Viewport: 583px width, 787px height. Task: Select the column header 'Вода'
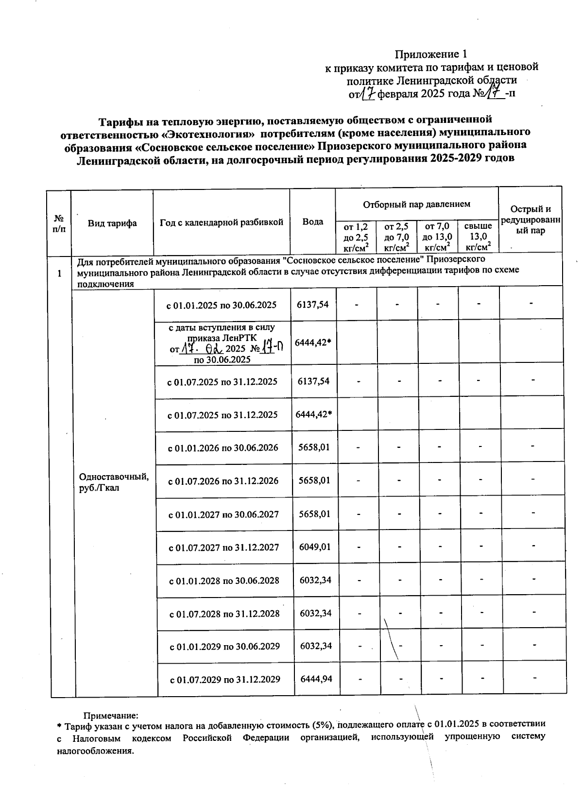click(x=312, y=222)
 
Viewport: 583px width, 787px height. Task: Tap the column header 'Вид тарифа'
click(x=112, y=223)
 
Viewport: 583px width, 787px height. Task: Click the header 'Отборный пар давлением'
click(x=416, y=204)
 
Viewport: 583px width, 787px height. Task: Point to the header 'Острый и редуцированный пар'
click(x=531, y=220)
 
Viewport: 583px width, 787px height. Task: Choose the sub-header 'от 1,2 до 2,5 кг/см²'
click(x=356, y=237)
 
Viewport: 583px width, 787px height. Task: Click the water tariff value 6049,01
click(x=315, y=547)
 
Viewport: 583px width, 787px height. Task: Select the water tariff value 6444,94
click(x=316, y=678)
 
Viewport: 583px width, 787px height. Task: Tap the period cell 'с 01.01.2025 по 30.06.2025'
click(x=222, y=305)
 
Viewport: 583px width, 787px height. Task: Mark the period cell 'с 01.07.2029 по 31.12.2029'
click(x=225, y=679)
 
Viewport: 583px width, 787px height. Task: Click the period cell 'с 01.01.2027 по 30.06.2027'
click(x=223, y=514)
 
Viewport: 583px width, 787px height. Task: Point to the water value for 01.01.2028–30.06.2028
click(x=315, y=580)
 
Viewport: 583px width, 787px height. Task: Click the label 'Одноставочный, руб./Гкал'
click(x=114, y=482)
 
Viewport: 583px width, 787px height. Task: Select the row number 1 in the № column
click(x=59, y=274)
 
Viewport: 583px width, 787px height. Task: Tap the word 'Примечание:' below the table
click(x=111, y=715)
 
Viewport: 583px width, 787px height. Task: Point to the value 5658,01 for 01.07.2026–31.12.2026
click(x=314, y=480)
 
